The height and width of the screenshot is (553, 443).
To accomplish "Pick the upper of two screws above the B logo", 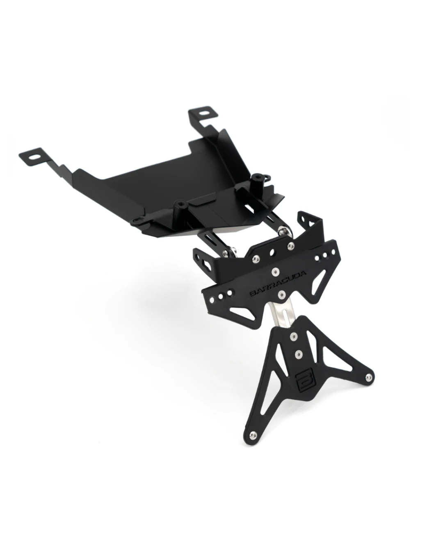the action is (293, 336).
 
